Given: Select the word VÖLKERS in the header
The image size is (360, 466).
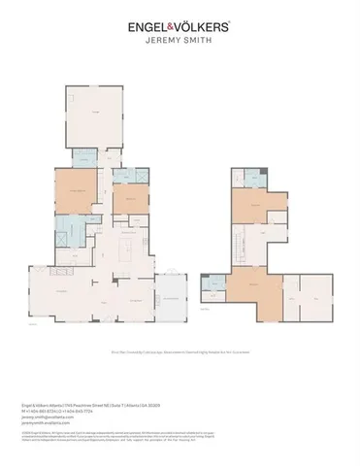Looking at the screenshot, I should [x=207, y=28].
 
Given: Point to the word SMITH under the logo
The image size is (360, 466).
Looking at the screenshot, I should [x=197, y=43].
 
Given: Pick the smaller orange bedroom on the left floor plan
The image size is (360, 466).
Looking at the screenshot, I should [x=126, y=199].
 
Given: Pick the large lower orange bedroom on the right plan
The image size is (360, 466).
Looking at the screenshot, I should [x=254, y=296].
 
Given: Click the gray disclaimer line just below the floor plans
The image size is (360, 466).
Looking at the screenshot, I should [x=180, y=354].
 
